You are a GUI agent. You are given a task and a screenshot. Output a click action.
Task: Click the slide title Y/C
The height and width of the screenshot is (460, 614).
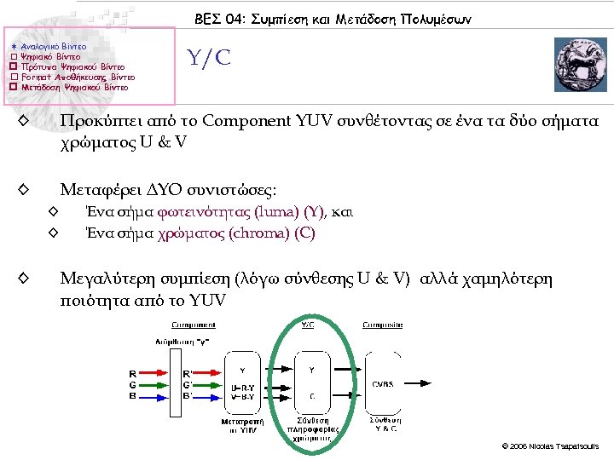pyautogui.click(x=209, y=58)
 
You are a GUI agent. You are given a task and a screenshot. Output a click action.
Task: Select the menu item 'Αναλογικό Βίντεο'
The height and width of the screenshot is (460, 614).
pyautogui.click(x=53, y=45)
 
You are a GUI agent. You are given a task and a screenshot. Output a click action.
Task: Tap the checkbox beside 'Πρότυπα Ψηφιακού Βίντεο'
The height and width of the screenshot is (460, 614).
pyautogui.click(x=13, y=66)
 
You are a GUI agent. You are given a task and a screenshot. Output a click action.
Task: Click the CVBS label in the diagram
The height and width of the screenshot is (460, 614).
pyautogui.click(x=382, y=383)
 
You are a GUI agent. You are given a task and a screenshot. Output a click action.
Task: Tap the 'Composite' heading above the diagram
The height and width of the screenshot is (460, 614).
pyautogui.click(x=382, y=325)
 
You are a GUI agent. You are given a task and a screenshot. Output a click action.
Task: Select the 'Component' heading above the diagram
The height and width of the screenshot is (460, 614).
pyautogui.click(x=194, y=325)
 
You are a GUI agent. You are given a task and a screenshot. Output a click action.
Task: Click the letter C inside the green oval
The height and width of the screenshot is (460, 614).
pyautogui.click(x=312, y=396)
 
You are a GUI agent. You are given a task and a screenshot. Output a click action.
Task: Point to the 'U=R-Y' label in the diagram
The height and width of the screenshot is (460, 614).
pyautogui.click(x=243, y=388)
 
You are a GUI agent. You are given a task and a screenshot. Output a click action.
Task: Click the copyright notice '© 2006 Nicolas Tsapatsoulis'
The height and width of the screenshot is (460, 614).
pyautogui.click(x=551, y=446)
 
